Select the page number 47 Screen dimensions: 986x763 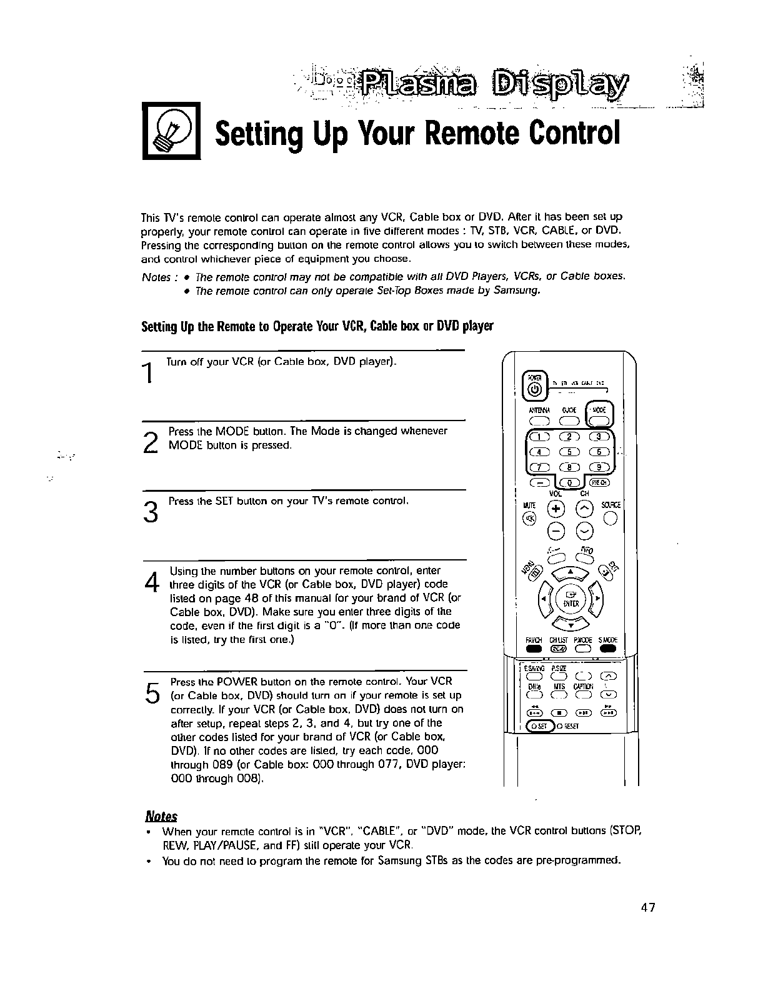pos(647,907)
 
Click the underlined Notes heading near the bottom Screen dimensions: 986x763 pos(161,816)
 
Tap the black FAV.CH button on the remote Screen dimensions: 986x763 pos(532,647)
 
